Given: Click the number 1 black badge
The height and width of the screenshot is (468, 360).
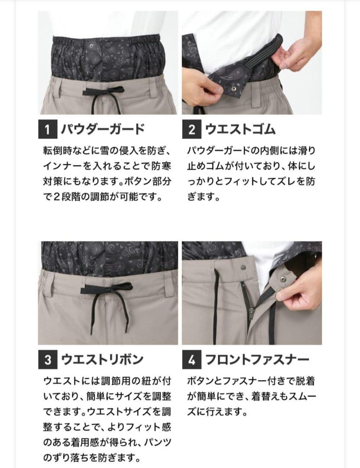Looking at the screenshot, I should (48, 129).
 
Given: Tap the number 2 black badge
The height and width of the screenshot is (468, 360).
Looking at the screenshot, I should (191, 129).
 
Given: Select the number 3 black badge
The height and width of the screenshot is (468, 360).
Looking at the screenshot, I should (48, 359).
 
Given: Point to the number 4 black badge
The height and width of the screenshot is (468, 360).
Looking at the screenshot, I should (191, 359).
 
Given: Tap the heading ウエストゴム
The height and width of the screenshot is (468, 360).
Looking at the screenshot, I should (240, 129).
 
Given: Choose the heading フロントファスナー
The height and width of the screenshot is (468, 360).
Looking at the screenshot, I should (256, 359).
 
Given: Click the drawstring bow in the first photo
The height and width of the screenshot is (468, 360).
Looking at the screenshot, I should (96, 92).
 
